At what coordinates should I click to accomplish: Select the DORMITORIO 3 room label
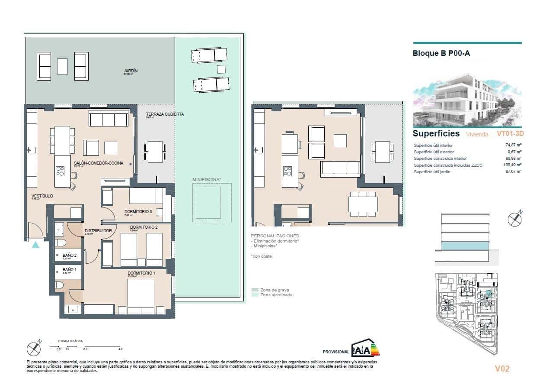tap(138, 211)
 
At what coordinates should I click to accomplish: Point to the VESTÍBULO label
tap(42, 196)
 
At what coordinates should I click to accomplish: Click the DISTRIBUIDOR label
tap(98, 230)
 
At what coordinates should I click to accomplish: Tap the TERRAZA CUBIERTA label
tap(165, 114)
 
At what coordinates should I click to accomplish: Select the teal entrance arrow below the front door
tap(35, 245)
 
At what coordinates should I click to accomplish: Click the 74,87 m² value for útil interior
tap(513, 146)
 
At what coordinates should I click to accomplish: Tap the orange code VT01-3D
tap(510, 134)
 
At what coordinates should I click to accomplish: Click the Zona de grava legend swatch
tap(254, 290)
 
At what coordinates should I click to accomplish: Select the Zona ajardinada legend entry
tap(276, 295)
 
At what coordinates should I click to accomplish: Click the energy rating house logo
tap(365, 347)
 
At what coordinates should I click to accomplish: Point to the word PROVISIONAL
tap(335, 352)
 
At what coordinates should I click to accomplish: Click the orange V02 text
tap(502, 369)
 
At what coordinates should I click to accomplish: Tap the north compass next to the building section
tap(515, 219)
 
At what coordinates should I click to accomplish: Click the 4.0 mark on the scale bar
tap(120, 349)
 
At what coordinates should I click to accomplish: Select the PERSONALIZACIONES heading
tap(275, 236)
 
